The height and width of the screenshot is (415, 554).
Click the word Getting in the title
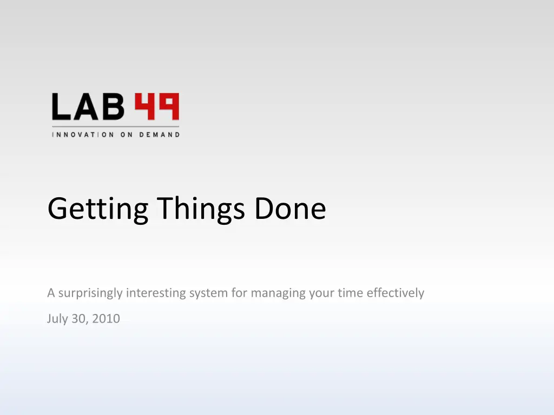98,209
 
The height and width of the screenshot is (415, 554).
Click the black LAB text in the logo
88,106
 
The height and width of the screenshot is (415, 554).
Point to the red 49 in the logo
157,106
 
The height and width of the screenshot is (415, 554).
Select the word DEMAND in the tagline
160,135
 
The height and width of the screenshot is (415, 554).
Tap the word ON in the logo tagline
127,135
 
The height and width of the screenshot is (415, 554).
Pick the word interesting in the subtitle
156,293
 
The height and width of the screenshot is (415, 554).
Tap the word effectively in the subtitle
395,293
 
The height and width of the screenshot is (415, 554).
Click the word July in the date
57,319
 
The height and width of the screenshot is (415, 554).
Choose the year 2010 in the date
105,319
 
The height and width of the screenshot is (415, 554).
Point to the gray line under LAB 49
116,126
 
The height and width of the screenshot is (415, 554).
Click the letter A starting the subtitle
51,293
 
